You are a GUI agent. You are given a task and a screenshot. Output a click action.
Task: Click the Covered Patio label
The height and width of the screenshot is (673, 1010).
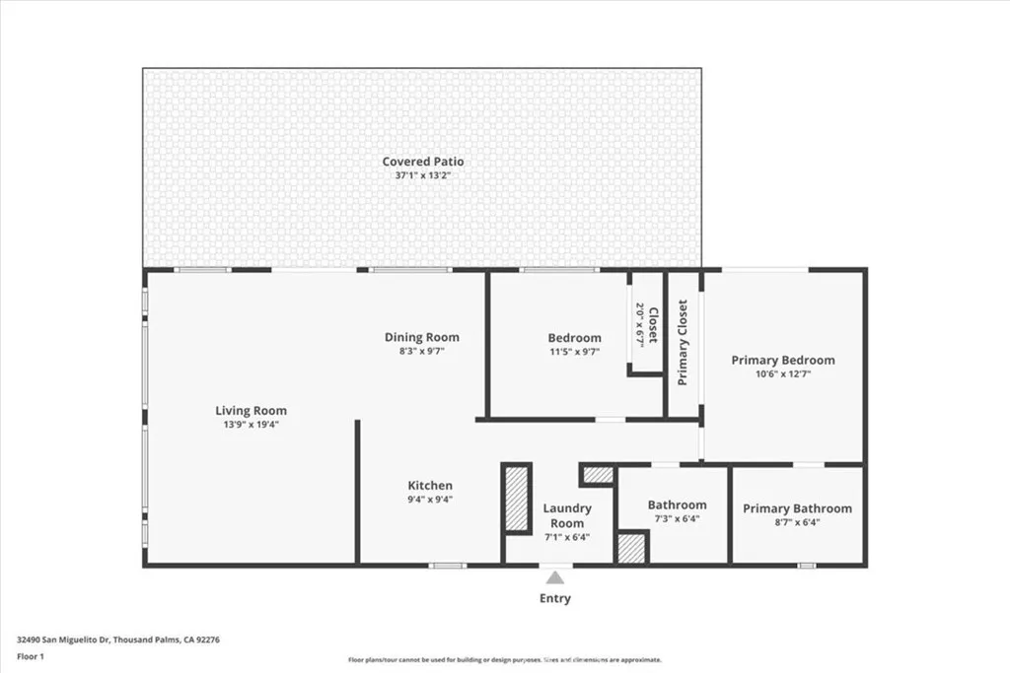(423, 162)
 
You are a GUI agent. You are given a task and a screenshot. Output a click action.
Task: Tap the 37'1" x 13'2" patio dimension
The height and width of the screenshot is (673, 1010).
(423, 175)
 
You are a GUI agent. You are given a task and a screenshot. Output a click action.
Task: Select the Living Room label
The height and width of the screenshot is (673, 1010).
(252, 411)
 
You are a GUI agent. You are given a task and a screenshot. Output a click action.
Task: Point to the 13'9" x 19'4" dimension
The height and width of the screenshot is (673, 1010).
(252, 425)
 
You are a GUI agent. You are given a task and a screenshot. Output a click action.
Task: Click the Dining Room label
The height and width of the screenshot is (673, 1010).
(421, 337)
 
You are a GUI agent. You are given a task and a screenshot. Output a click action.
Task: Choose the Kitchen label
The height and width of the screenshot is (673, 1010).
(431, 486)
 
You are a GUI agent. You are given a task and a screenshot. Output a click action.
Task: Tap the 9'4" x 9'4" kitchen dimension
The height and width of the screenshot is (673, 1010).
(431, 500)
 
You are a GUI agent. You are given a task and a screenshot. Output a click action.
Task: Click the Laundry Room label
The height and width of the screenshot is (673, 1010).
(567, 515)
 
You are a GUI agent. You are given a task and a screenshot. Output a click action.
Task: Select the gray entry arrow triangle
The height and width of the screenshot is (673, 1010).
(555, 578)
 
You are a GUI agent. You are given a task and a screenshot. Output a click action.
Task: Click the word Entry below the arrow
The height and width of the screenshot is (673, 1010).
(554, 598)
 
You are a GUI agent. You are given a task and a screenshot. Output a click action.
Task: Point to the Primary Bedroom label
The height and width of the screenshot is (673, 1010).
(782, 361)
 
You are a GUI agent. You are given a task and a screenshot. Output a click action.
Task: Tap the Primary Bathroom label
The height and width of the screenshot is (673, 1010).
(797, 508)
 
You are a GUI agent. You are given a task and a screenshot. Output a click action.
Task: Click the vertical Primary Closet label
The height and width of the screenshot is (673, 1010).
(683, 342)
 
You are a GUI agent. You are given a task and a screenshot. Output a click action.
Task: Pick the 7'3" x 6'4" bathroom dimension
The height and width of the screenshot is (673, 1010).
(677, 519)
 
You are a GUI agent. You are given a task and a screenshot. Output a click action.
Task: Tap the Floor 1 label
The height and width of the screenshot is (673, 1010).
(30, 655)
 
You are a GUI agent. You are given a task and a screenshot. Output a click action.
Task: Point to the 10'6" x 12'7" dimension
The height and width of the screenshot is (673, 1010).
(782, 374)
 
